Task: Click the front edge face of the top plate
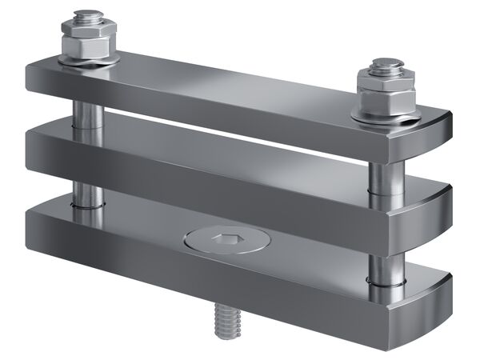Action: click(224, 104)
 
